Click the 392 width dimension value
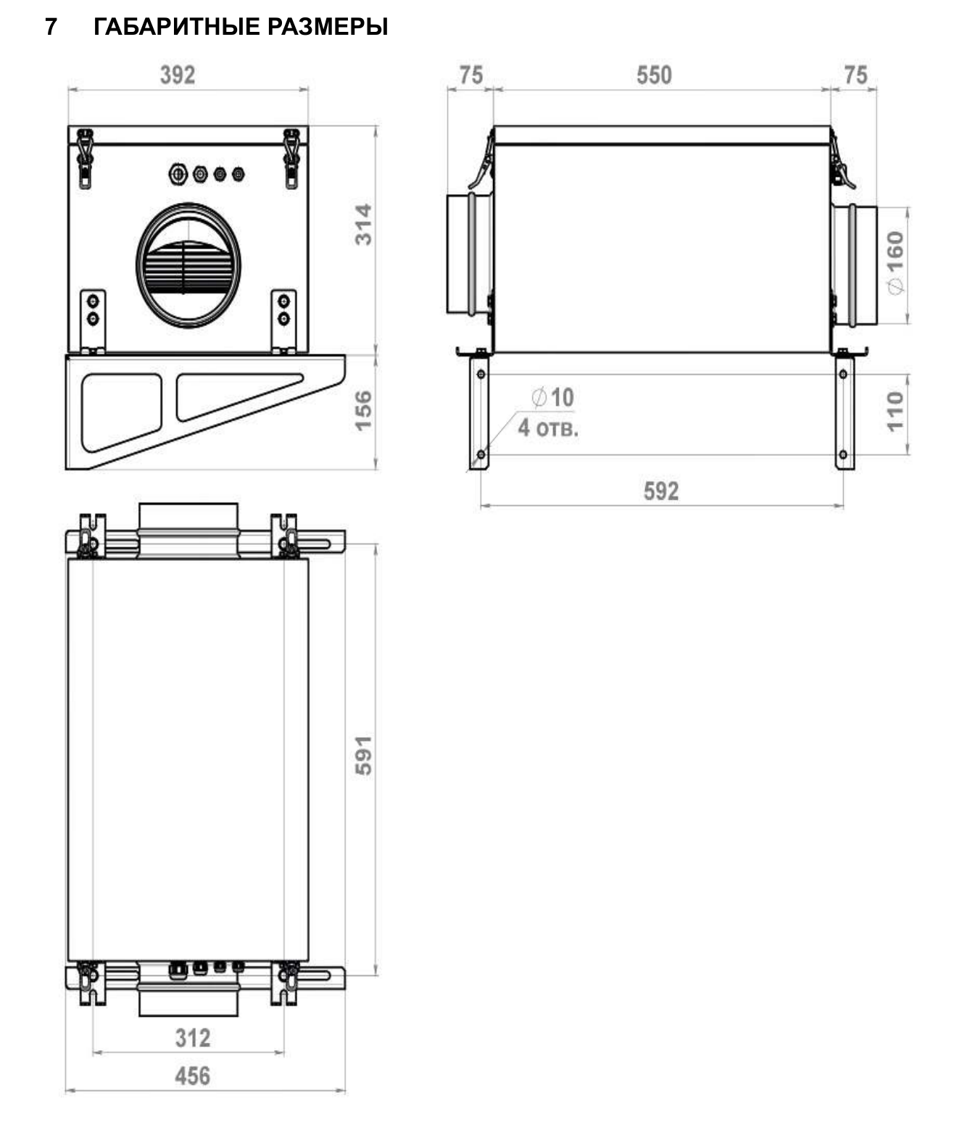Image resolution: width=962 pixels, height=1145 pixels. [x=177, y=75]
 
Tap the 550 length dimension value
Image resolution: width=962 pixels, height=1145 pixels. [x=654, y=75]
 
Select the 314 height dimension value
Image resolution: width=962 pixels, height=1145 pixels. [x=363, y=225]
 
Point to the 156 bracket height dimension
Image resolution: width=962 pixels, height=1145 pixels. [x=363, y=411]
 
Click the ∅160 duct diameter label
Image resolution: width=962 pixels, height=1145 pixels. [x=895, y=262]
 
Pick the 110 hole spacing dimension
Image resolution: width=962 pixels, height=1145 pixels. [x=895, y=412]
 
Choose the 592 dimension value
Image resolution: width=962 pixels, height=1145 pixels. [x=661, y=491]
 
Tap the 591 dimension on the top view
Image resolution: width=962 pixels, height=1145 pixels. [x=363, y=756]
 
